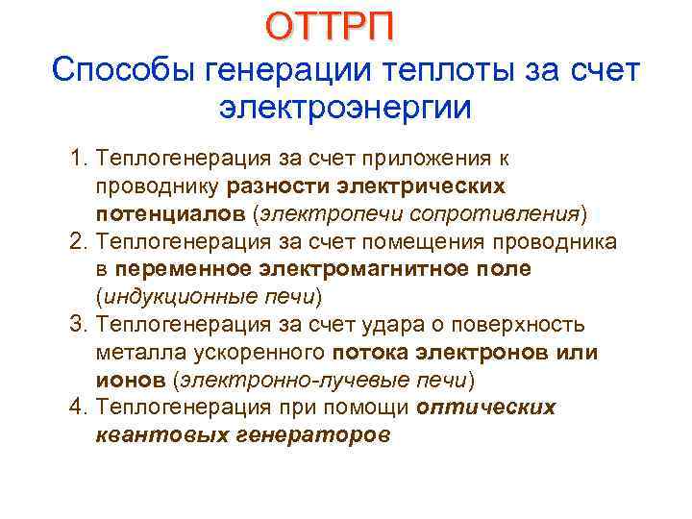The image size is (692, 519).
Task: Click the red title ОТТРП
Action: click(x=329, y=27)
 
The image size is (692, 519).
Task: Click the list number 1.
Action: click(x=76, y=158)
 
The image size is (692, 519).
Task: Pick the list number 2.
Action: click(x=76, y=239)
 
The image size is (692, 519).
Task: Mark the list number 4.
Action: click(x=76, y=408)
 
